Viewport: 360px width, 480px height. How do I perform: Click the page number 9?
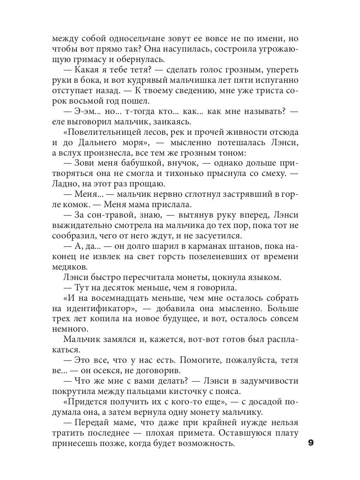click(312, 443)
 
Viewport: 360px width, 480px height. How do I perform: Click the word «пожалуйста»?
click(244, 360)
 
